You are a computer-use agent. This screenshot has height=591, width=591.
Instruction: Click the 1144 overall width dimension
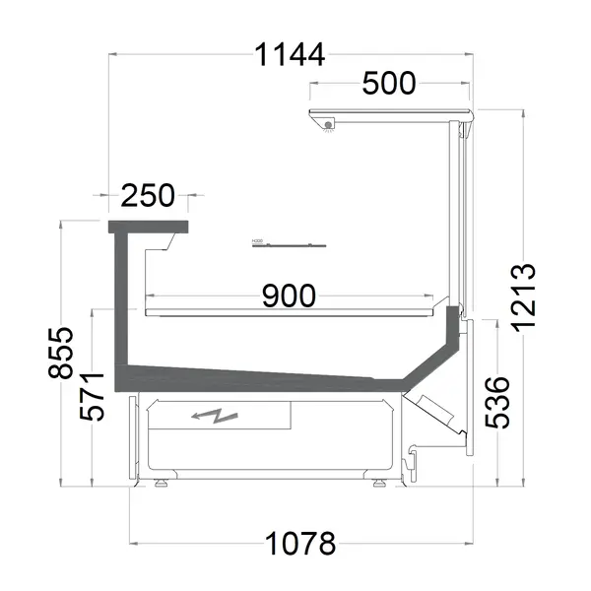(x=290, y=56)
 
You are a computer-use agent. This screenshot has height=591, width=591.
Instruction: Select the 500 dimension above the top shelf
(x=388, y=85)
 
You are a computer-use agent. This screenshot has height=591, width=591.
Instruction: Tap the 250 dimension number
(x=148, y=196)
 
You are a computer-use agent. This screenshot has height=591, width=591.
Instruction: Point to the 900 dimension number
(x=289, y=295)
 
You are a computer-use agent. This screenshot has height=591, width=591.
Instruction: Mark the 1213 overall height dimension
(x=523, y=295)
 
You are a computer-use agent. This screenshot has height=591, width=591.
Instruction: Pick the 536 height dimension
(x=497, y=402)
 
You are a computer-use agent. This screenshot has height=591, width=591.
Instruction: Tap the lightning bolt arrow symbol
(x=218, y=417)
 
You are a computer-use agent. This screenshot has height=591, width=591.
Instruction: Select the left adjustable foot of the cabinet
(x=159, y=484)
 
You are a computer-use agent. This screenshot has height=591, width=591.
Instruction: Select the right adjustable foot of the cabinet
(x=380, y=484)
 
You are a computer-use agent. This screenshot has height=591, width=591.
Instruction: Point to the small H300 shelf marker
(x=258, y=239)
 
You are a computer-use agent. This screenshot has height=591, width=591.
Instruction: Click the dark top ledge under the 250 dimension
(x=148, y=229)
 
